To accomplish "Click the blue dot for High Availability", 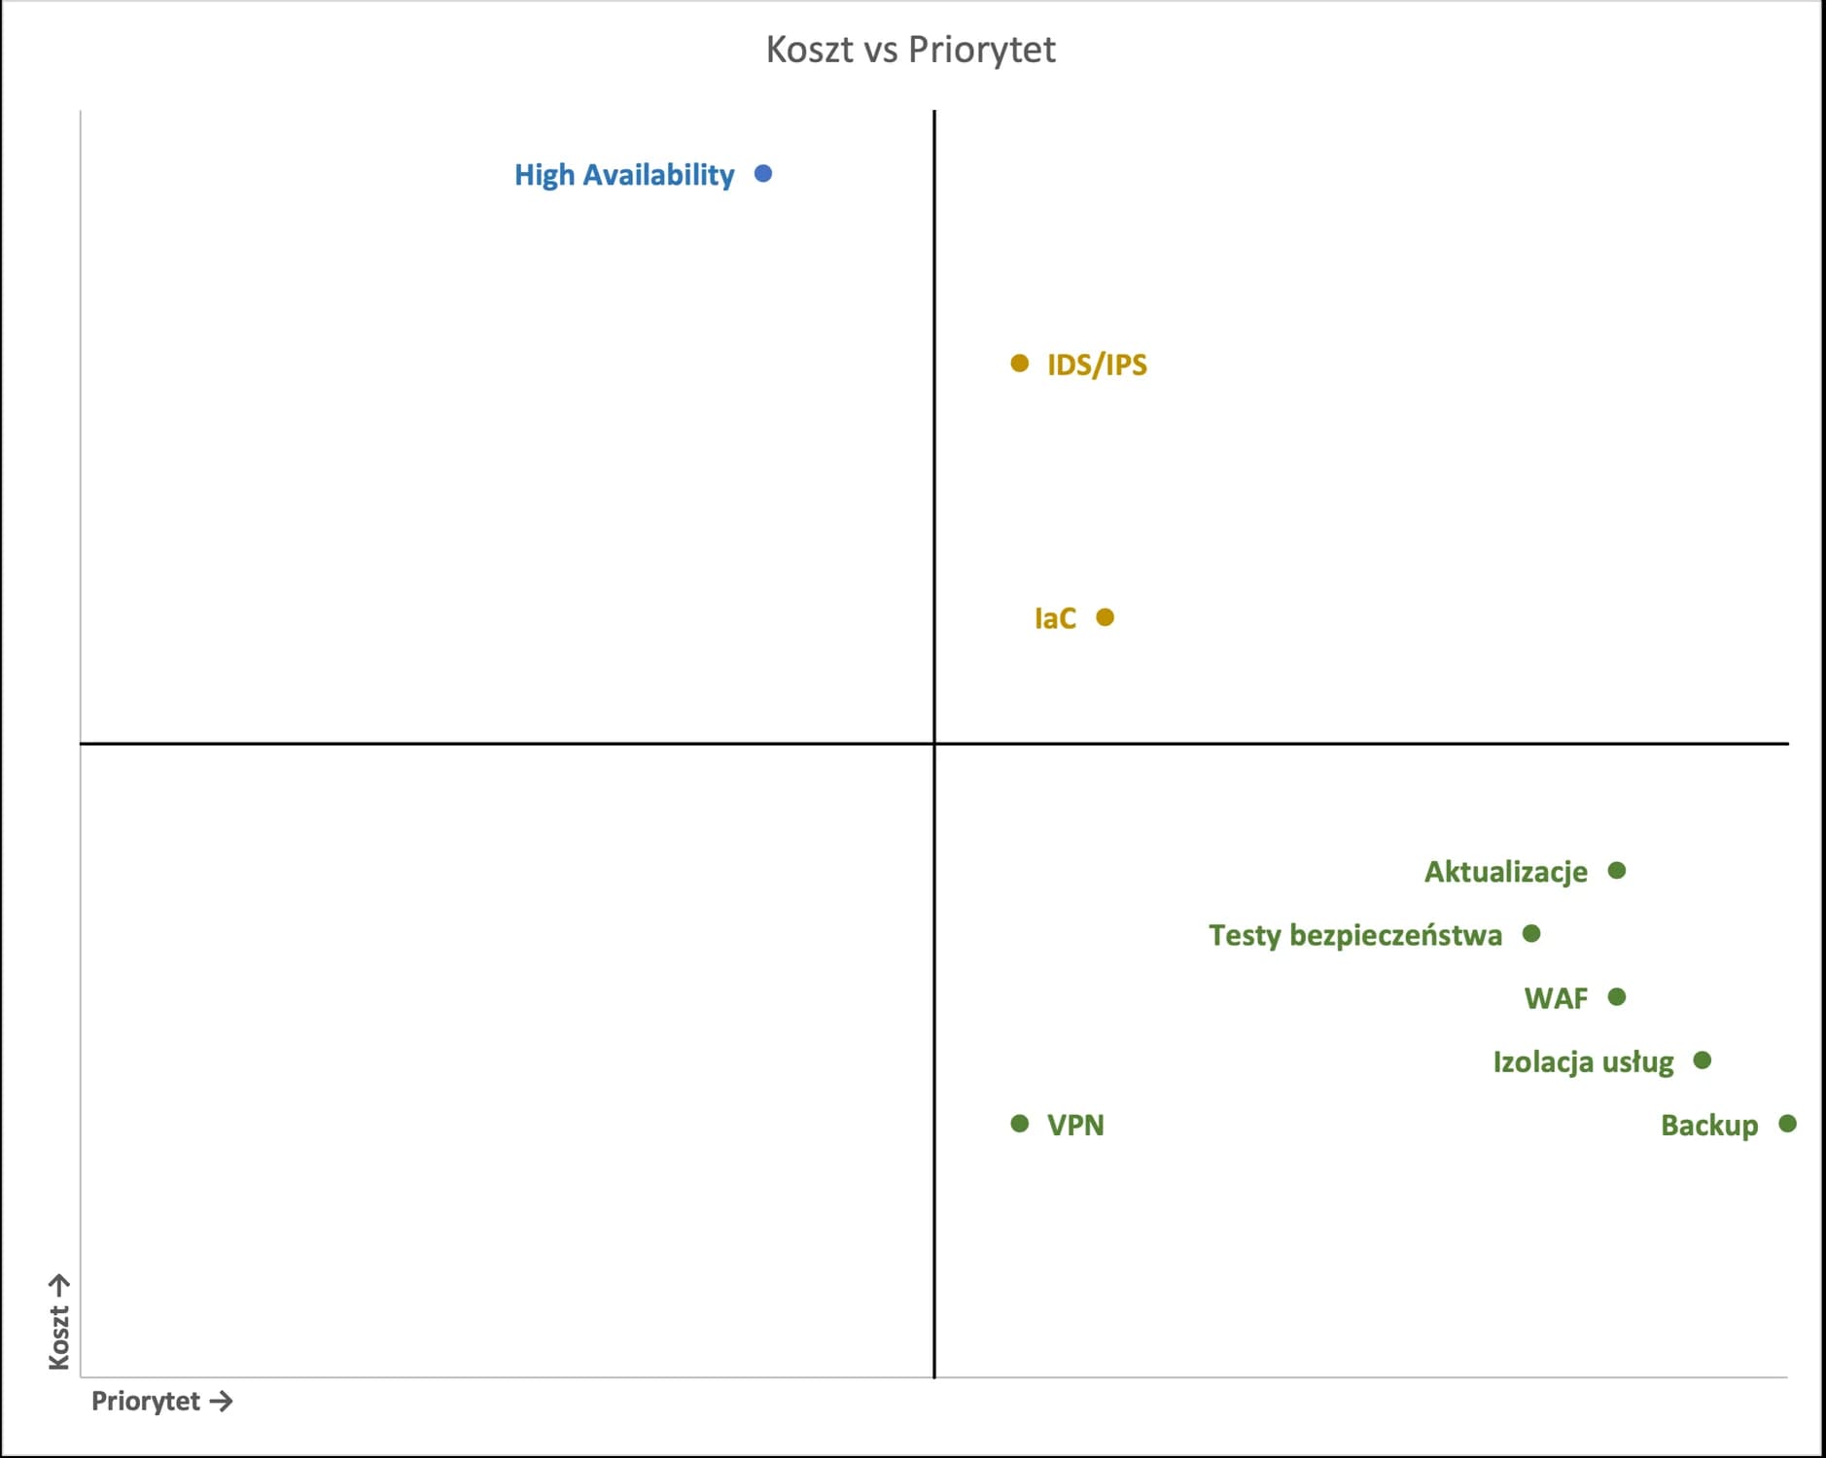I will pyautogui.click(x=763, y=174).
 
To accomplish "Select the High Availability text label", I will pyautogui.click(x=624, y=175).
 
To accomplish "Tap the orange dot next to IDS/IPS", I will pyautogui.click(x=1019, y=364).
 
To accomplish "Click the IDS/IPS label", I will pyautogui.click(x=1097, y=364).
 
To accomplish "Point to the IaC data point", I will pyautogui.click(x=1105, y=617).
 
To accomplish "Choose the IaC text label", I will pyautogui.click(x=1055, y=618).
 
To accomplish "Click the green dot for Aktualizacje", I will pyautogui.click(x=1617, y=870).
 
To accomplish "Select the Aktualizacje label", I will pyautogui.click(x=1505, y=872).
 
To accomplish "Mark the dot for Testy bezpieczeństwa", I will pyautogui.click(x=1531, y=934).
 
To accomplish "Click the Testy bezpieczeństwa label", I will pyautogui.click(x=1354, y=935).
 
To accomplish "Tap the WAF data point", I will pyautogui.click(x=1617, y=997).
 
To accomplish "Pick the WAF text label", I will pyautogui.click(x=1556, y=998).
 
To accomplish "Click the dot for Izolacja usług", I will pyautogui.click(x=1703, y=1060).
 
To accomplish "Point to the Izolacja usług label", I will pyautogui.click(x=1583, y=1061).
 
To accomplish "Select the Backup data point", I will pyautogui.click(x=1787, y=1124).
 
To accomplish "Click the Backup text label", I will pyautogui.click(x=1708, y=1126).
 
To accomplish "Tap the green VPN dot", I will pyautogui.click(x=1019, y=1124).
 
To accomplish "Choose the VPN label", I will pyautogui.click(x=1075, y=1126).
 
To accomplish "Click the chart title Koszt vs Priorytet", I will pyautogui.click(x=910, y=50).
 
